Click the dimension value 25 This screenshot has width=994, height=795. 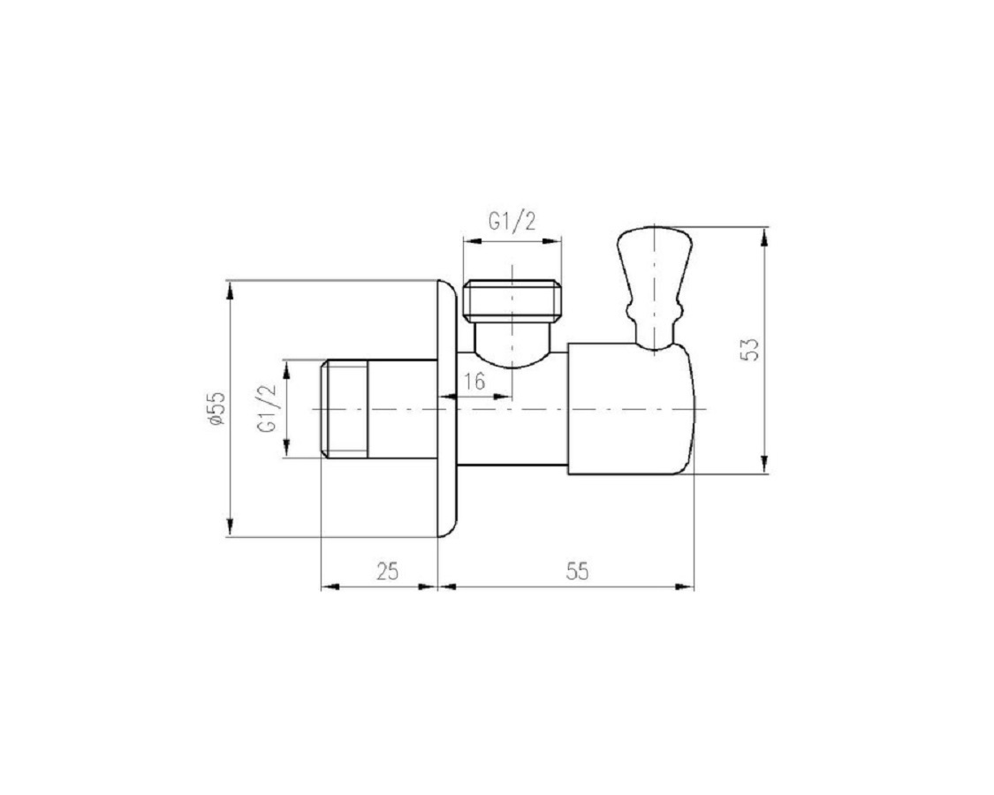[387, 571]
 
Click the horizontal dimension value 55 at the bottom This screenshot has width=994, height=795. [576, 571]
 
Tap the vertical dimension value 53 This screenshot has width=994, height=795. [750, 349]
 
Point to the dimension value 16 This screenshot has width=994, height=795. [474, 381]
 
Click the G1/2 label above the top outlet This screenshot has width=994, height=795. [512, 221]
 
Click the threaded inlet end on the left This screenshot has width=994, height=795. [345, 408]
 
